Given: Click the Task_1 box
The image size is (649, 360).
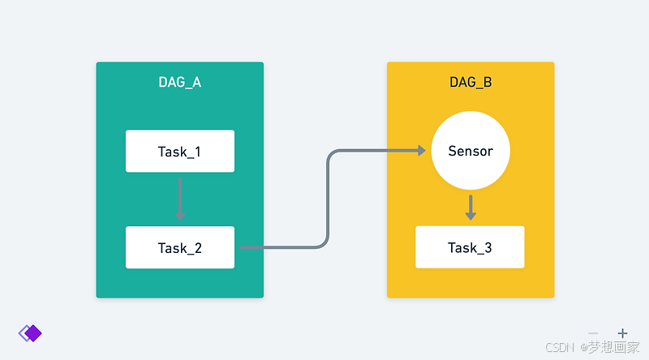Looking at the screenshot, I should [179, 151].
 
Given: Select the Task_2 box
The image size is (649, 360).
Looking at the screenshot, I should [179, 247].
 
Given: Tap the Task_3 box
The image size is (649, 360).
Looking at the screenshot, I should [470, 247].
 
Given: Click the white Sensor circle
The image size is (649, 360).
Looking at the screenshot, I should [470, 151].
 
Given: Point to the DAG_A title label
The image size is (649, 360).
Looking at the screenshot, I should [179, 83].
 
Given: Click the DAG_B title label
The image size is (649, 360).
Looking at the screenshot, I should [471, 83].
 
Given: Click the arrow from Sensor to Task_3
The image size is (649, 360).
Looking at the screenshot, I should [470, 206].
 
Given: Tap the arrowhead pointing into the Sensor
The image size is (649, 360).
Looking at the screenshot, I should [421, 150].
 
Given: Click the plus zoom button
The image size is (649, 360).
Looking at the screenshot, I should [622, 333].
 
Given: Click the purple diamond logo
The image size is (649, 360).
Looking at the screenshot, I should [30, 332].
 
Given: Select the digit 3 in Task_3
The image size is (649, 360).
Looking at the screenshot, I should [488, 247].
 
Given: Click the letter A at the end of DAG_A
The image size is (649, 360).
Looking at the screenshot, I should [196, 83].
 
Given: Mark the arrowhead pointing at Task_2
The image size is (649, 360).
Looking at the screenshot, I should [179, 216].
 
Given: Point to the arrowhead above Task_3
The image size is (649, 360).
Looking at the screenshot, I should [470, 215].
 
